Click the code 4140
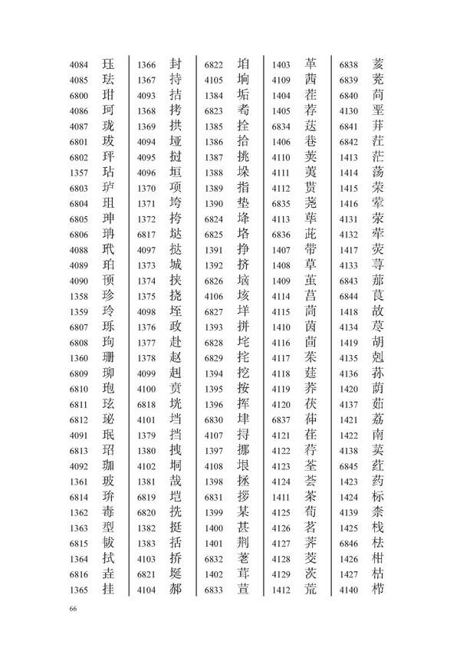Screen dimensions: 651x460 coord(350,589)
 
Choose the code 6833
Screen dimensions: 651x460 coord(214,589)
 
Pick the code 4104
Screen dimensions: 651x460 coord(146,589)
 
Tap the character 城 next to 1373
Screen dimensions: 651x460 coord(175,265)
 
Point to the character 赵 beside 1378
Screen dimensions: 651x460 coord(175,358)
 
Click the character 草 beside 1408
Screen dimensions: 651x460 coord(310,265)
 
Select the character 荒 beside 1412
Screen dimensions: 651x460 coord(310,589)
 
